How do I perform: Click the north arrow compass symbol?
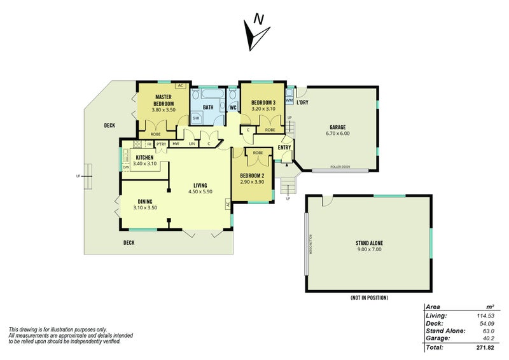pyautogui.click(x=255, y=33)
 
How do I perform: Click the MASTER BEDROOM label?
pyautogui.click(x=164, y=100)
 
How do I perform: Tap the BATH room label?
pyautogui.click(x=208, y=107)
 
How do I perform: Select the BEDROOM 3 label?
pyautogui.click(x=263, y=103)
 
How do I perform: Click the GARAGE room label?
pyautogui.click(x=337, y=127)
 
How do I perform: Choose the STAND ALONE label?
pyautogui.click(x=369, y=244)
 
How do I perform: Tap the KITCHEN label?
pyautogui.click(x=145, y=157)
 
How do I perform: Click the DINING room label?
pyautogui.click(x=144, y=202)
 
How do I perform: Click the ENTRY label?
pyautogui.click(x=284, y=148)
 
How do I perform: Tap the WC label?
pyautogui.click(x=233, y=107)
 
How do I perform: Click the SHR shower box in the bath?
pyautogui.click(x=196, y=118)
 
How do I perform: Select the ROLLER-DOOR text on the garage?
pyautogui.click(x=341, y=168)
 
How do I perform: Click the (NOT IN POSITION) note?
pyautogui.click(x=369, y=298)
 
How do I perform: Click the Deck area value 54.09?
pyautogui.click(x=486, y=323)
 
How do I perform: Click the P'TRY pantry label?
pyautogui.click(x=161, y=144)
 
